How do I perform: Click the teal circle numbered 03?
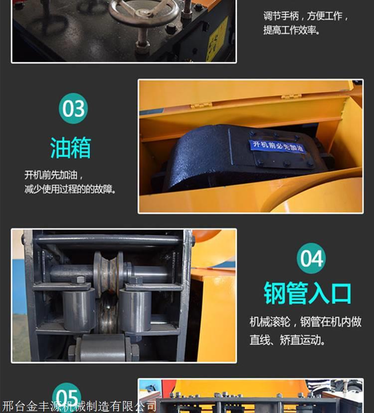click(73, 108)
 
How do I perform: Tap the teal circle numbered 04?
click(311, 258)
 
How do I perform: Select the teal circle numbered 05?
click(67, 397)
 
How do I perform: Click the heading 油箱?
click(71, 148)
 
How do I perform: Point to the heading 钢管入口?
click(308, 293)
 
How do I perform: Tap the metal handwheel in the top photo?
click(144, 10)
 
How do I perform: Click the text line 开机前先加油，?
click(54, 175)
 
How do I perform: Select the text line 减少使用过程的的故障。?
click(70, 189)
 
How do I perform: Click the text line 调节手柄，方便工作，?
click(306, 16)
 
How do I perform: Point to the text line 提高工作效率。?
click(292, 30)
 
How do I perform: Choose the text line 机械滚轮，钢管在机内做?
click(306, 322)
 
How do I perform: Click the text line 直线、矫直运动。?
click(287, 340)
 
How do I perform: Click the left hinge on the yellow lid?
click(201, 105)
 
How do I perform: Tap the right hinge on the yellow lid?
click(291, 96)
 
